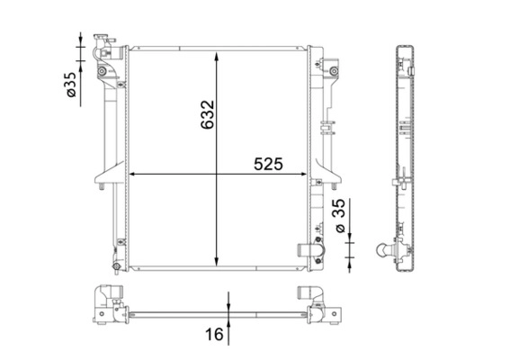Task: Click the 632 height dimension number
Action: [207, 114]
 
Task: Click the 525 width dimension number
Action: [268, 164]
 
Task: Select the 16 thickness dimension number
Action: [214, 334]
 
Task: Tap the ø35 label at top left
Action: [70, 85]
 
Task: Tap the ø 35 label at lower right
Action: [340, 215]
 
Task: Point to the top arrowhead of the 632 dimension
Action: [216, 57]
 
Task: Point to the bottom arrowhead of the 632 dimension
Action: [216, 261]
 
